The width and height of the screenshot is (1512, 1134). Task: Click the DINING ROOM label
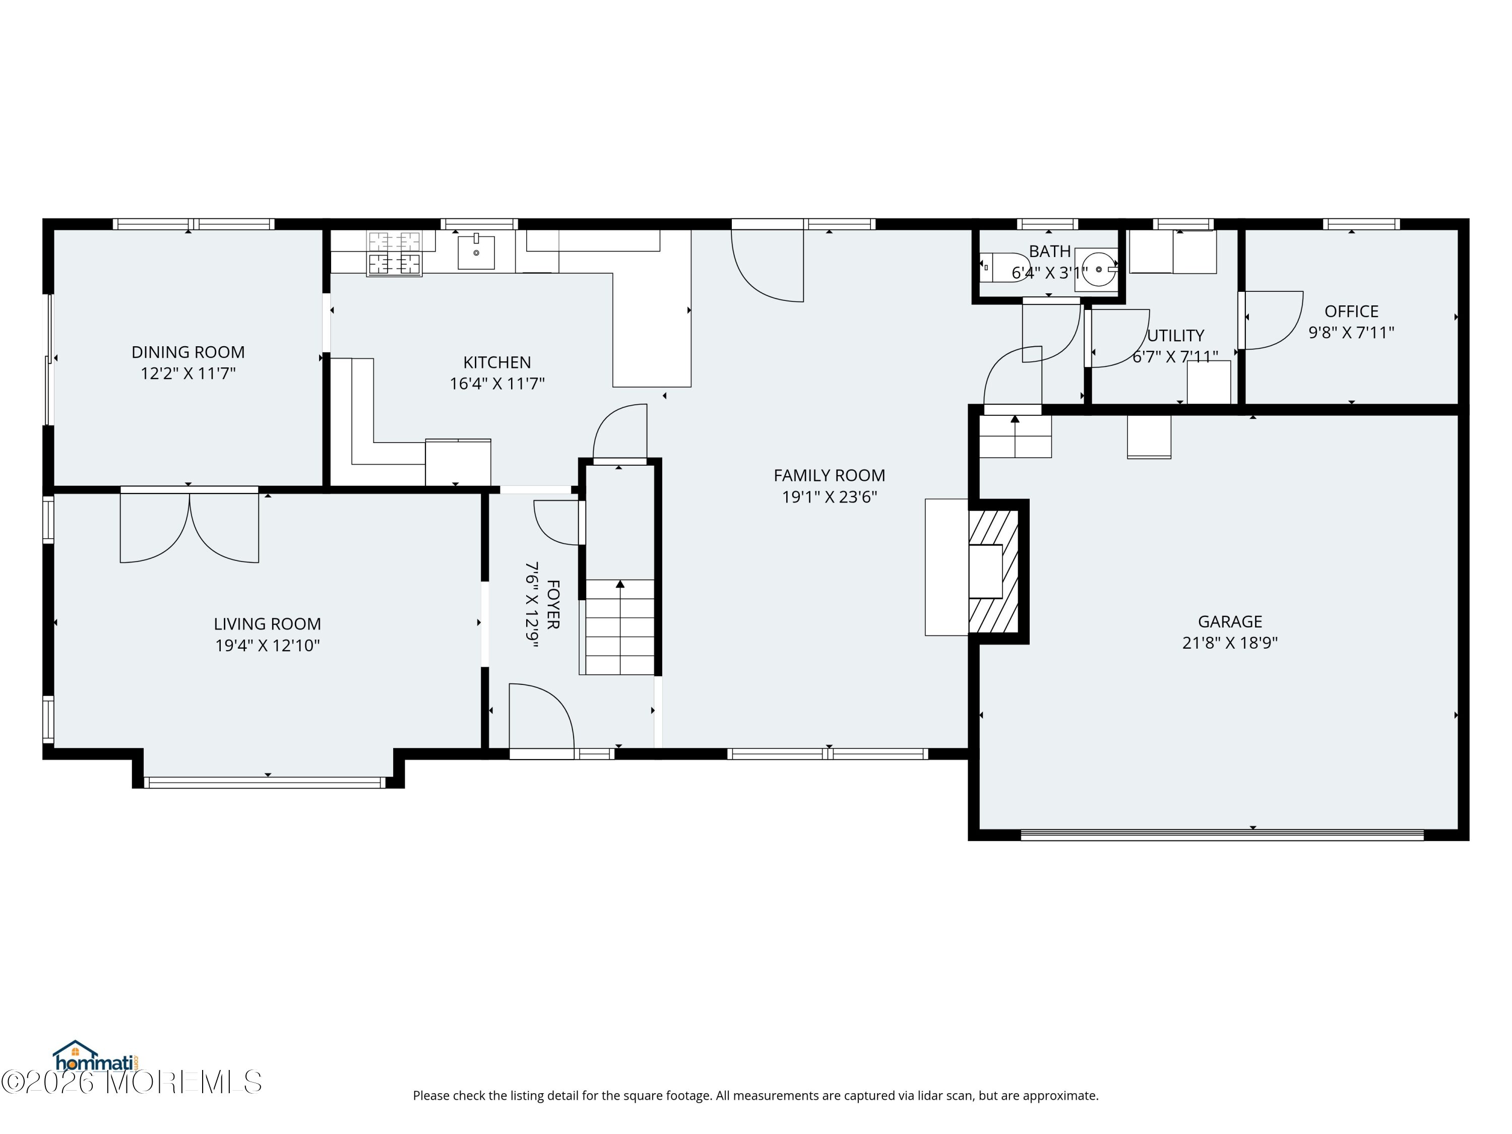(188, 352)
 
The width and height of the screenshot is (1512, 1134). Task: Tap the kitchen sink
(476, 251)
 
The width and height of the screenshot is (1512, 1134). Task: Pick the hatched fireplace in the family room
(994, 572)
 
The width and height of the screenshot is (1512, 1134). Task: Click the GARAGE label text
(1230, 621)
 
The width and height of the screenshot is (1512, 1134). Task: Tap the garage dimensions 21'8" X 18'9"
(1230, 643)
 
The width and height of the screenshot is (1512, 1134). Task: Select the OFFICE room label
(1351, 311)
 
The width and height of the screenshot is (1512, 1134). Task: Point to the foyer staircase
(619, 627)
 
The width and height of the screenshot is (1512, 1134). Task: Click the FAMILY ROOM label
(829, 475)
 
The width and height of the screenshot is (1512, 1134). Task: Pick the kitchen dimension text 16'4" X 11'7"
(497, 384)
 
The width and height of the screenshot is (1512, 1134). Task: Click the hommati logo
(96, 1057)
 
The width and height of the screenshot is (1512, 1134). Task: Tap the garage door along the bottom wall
(1222, 835)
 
